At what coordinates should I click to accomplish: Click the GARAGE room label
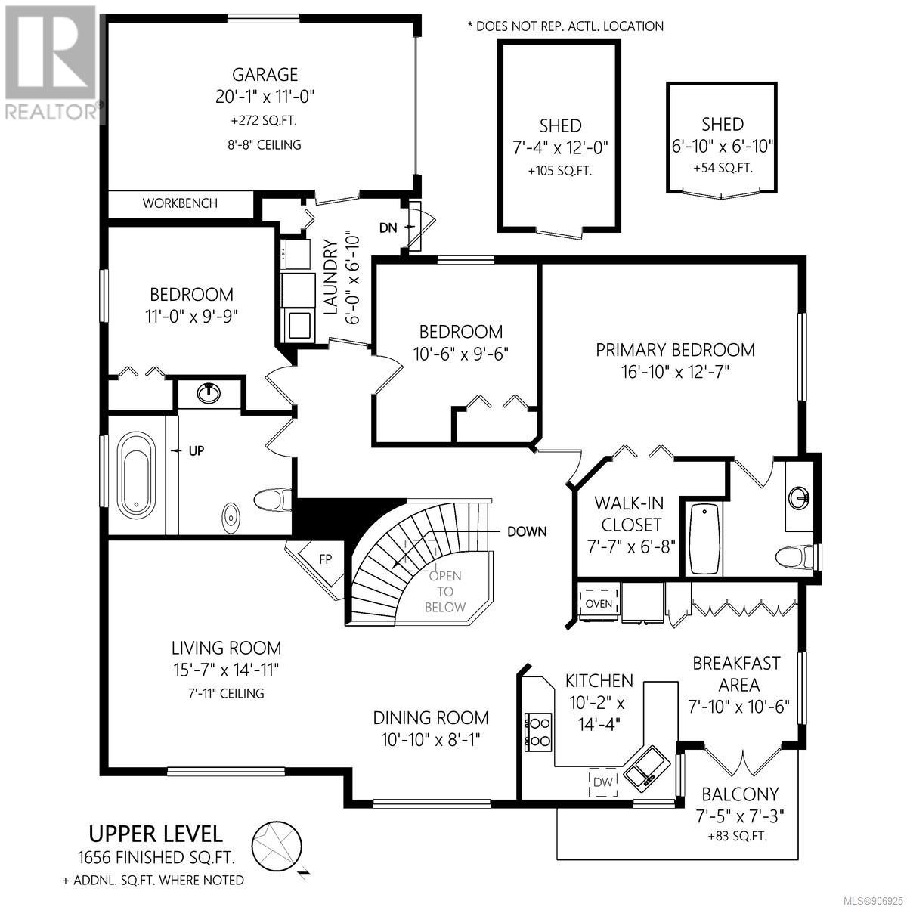point(265,75)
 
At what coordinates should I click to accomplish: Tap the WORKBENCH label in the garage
point(180,203)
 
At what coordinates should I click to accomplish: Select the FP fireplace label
point(325,559)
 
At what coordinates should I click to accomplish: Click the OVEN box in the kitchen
point(599,603)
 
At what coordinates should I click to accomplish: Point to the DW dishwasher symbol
point(603,782)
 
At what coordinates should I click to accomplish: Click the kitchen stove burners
point(539,732)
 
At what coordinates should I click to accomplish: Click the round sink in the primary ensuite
point(799,498)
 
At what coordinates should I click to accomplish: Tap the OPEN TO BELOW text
point(444,591)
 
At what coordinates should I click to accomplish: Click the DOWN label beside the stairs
point(527,532)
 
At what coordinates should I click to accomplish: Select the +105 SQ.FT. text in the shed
point(559,170)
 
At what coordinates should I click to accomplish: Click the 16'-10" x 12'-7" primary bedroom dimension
point(675,373)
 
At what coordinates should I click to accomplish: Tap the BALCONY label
point(740,794)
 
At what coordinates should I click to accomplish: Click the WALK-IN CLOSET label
point(630,514)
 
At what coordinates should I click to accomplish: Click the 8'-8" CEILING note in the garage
point(265,145)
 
